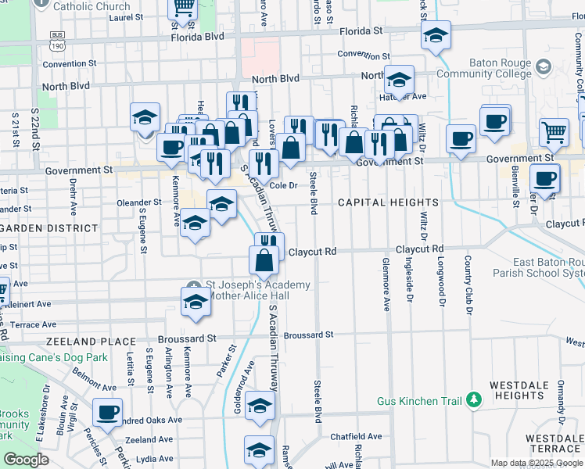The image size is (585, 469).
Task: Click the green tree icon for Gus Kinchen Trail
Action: tap(472, 400)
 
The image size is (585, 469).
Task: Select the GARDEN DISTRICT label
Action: tap(49, 228)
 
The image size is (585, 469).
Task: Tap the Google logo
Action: tap(26, 460)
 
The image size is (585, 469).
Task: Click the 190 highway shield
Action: tap(56, 45)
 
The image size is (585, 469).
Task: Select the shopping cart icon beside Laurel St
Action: tap(183, 9)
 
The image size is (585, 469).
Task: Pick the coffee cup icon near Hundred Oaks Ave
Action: tap(107, 410)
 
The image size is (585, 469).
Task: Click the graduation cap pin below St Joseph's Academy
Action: tap(195, 301)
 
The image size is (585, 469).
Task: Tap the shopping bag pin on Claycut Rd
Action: tap(264, 260)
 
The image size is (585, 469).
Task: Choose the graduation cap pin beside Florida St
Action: tap(436, 34)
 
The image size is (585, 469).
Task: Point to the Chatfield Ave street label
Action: tap(356, 436)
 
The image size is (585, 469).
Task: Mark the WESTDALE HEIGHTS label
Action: tap(524, 391)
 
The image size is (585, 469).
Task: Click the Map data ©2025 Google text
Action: tap(537, 463)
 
